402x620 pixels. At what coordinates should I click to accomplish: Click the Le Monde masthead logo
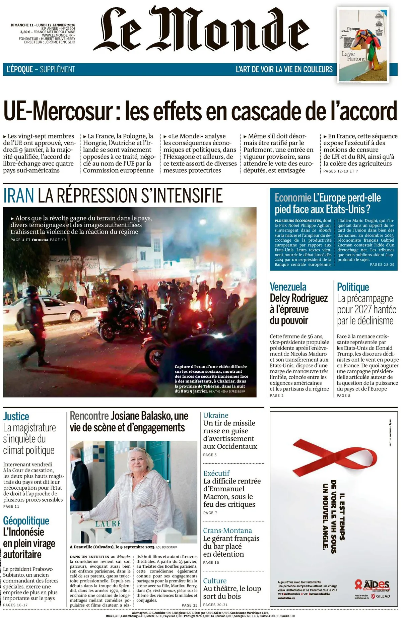pos(201,30)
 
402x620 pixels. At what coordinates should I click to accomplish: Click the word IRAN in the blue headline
pos(19,195)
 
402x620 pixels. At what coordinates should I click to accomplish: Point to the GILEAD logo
pos(381,596)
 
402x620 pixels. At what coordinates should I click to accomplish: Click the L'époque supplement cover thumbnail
pos(363,45)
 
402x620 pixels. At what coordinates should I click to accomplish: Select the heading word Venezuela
pos(288,287)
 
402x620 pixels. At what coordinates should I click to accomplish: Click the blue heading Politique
pos(353,287)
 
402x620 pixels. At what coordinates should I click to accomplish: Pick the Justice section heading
pos(16,417)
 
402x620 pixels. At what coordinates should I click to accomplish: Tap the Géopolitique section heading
pos(26,521)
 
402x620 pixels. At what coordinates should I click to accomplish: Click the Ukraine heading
pos(216,415)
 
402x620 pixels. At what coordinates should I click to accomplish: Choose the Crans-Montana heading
pos(227,531)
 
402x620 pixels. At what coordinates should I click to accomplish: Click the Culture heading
pos(215,581)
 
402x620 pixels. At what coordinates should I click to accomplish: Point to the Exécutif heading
pos(216,473)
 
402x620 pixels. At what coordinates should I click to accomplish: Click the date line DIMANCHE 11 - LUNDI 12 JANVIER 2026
pos(43,25)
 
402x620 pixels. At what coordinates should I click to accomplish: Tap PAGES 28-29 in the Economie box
pos(382,265)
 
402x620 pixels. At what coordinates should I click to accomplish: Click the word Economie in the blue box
pos(293,198)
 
